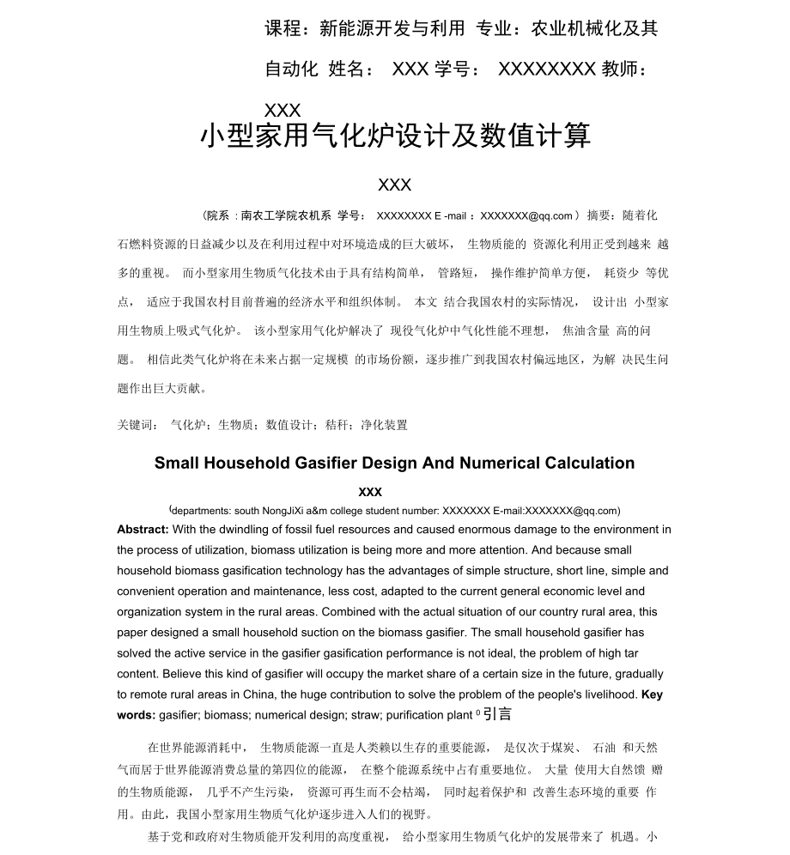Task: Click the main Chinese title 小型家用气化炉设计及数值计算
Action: click(x=395, y=136)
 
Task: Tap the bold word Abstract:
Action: click(x=143, y=530)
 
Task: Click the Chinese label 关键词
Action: click(x=135, y=425)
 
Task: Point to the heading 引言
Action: click(x=498, y=714)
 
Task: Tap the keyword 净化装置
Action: click(x=384, y=425)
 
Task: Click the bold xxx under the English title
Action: click(x=370, y=492)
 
